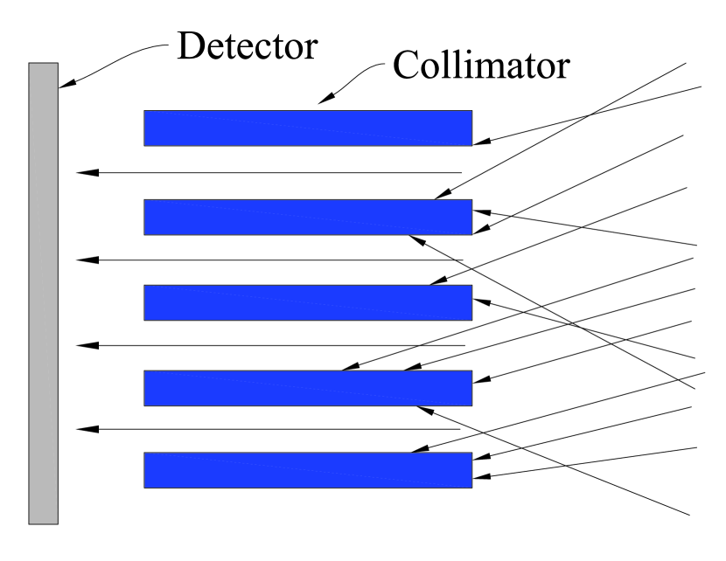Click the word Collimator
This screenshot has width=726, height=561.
tap(480, 64)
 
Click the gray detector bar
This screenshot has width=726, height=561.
tap(43, 293)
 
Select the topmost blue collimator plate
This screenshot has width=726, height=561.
tap(308, 128)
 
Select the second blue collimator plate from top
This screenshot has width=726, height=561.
tap(308, 217)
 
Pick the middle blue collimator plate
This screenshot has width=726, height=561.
tap(308, 302)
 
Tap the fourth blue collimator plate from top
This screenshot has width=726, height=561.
tap(308, 388)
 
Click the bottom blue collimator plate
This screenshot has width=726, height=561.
tap(308, 469)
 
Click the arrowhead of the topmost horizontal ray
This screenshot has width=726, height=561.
tap(84, 172)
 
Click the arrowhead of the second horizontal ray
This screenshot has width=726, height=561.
tap(84, 260)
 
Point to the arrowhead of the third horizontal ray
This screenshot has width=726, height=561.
tap(84, 346)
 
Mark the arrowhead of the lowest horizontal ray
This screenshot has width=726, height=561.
tap(84, 429)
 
